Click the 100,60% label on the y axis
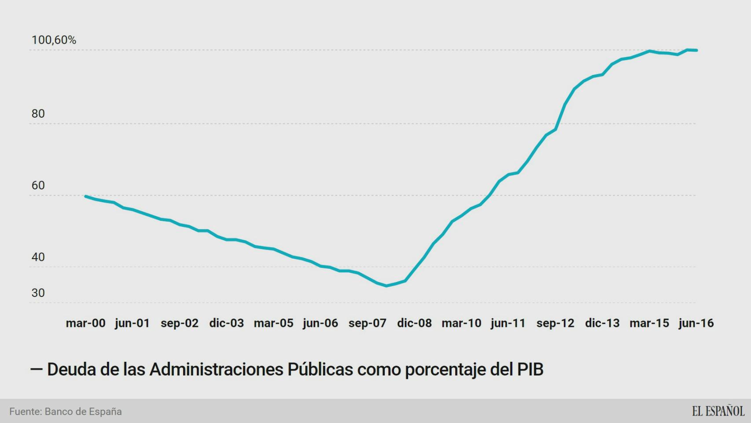(x=54, y=40)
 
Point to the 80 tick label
(x=38, y=114)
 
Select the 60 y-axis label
(x=38, y=186)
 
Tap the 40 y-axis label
(x=38, y=257)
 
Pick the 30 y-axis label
(x=38, y=293)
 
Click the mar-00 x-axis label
(x=85, y=323)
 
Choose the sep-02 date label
(x=180, y=323)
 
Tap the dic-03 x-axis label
(x=226, y=323)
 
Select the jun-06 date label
(x=320, y=323)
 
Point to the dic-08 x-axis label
(x=414, y=323)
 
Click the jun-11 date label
(x=508, y=323)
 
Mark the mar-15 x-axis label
(x=649, y=323)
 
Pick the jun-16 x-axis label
(x=696, y=323)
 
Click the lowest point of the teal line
(x=387, y=286)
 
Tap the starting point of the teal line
(x=85, y=196)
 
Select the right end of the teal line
(x=696, y=50)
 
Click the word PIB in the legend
(x=530, y=370)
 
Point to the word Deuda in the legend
(x=71, y=370)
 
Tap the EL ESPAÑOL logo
(x=718, y=411)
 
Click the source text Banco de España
(x=83, y=412)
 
